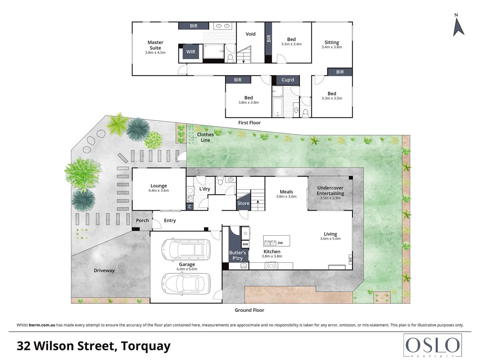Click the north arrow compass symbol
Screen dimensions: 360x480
pyautogui.click(x=458, y=26)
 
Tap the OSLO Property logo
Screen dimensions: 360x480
pyautogui.click(x=432, y=345)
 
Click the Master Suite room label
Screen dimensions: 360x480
pyautogui.click(x=155, y=45)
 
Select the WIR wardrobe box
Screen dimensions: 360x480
pyautogui.click(x=191, y=52)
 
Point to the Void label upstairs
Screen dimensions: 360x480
pyautogui.click(x=250, y=34)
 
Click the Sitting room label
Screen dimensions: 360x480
pyautogui.click(x=332, y=42)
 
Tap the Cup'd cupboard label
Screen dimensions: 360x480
pyautogui.click(x=288, y=80)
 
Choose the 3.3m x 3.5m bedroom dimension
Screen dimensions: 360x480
pyautogui.click(x=332, y=98)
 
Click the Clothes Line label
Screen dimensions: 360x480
pyautogui.click(x=205, y=137)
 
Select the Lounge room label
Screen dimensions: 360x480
pyautogui.click(x=159, y=186)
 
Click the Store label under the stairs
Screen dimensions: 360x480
pyautogui.click(x=243, y=203)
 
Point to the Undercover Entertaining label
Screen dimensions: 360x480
pyautogui.click(x=330, y=190)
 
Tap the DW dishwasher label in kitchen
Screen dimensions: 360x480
pyautogui.click(x=280, y=243)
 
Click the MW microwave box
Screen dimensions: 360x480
pyautogui.click(x=245, y=244)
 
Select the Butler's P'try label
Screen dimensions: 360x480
pyautogui.click(x=237, y=255)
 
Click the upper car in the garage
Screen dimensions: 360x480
pyautogui.click(x=186, y=249)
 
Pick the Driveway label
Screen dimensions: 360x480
pyautogui.click(x=104, y=270)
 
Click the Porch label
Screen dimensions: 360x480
pyautogui.click(x=142, y=220)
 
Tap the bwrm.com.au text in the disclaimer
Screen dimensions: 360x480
pyautogui.click(x=42, y=325)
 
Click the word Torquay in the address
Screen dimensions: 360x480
pyautogui.click(x=146, y=346)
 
